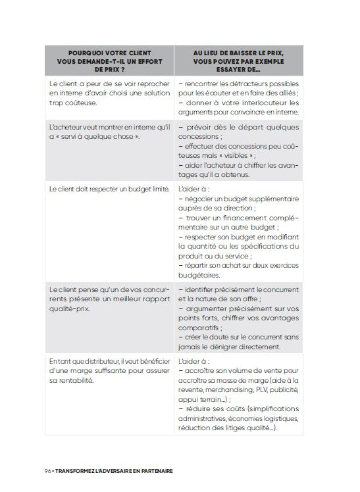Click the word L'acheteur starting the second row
(x=67, y=127)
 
